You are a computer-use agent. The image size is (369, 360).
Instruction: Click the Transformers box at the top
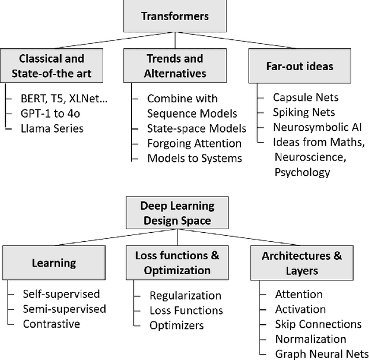[x=167, y=16]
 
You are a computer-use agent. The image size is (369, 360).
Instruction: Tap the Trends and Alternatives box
[x=175, y=66]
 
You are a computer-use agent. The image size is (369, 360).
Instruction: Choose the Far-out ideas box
[x=299, y=66]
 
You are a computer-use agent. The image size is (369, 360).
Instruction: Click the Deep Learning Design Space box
[x=177, y=213]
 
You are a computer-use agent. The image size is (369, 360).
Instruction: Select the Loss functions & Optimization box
[x=173, y=263]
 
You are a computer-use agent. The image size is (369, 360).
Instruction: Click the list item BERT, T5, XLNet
[x=65, y=98]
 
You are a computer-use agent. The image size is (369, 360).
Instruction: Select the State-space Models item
[x=197, y=128]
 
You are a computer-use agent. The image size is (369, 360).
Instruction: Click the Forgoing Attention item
[x=194, y=143]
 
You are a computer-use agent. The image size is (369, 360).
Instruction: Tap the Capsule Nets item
[x=306, y=97]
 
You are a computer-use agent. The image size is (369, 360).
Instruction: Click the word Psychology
[x=302, y=172]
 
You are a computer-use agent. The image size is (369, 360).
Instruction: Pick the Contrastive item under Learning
[x=51, y=324]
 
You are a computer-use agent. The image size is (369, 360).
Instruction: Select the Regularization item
[x=185, y=295]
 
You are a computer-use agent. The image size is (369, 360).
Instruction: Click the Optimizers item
[x=176, y=325]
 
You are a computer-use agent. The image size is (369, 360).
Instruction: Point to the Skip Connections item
[x=318, y=324]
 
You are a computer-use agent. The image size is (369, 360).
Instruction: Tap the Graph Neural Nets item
[x=321, y=354]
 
